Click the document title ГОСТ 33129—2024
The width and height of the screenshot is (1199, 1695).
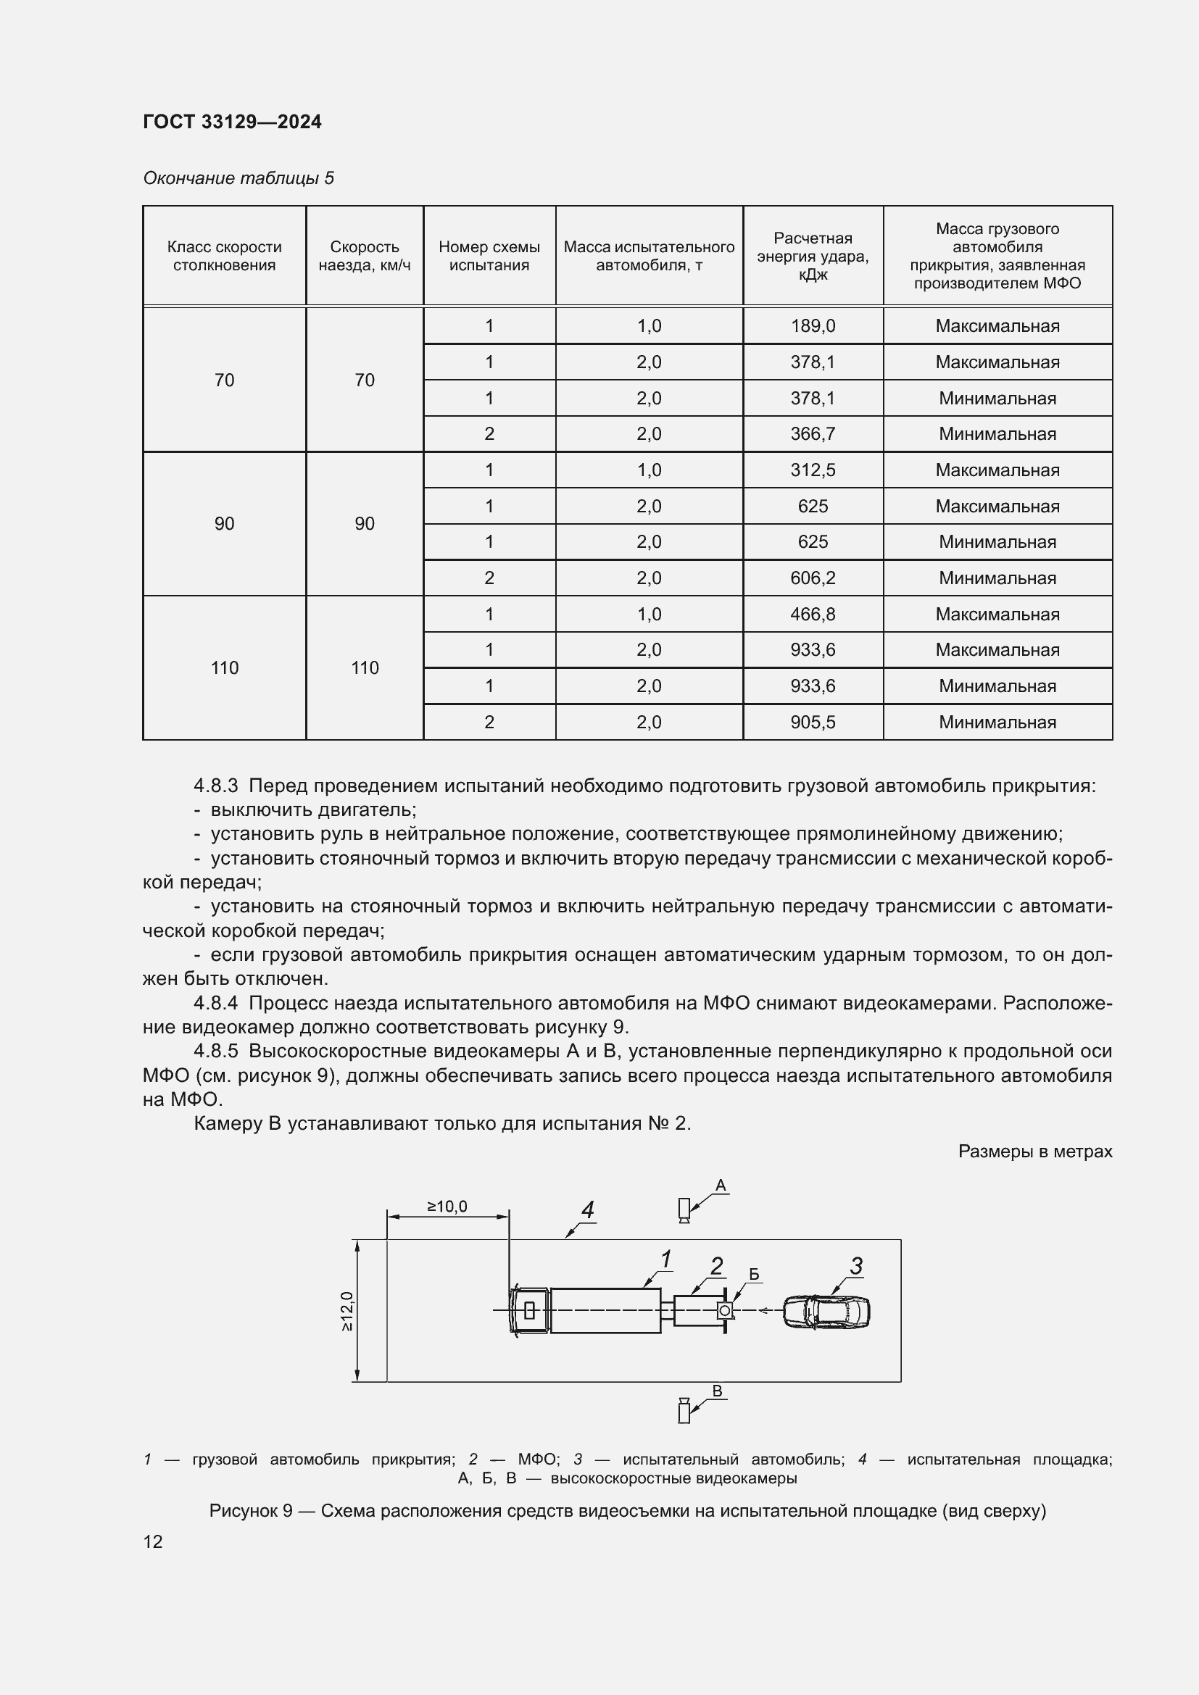pos(232,122)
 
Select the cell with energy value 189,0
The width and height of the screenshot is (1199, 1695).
pos(812,325)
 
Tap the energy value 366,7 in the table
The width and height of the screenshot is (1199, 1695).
pos(812,434)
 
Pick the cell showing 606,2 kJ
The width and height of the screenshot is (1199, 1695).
pos(812,578)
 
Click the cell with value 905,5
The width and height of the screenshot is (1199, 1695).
pos(812,722)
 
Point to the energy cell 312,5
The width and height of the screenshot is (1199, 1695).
pos(812,470)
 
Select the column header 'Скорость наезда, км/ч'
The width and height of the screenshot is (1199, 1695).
pos(364,255)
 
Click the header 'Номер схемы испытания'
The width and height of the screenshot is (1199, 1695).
pos(489,255)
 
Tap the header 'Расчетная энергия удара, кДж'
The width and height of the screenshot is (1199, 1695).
pos(812,255)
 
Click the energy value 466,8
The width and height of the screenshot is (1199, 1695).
pos(812,615)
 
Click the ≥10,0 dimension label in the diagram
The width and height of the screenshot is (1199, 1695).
pos(447,1207)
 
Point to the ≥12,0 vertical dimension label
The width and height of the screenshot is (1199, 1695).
pos(347,1311)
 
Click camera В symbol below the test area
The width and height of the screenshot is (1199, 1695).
pos(684,1411)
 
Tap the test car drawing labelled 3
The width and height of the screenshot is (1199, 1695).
pos(826,1312)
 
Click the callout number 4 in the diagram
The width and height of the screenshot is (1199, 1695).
pos(588,1210)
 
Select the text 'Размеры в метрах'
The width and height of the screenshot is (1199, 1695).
pos(1034,1151)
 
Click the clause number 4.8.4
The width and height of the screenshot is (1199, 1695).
pos(215,1003)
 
